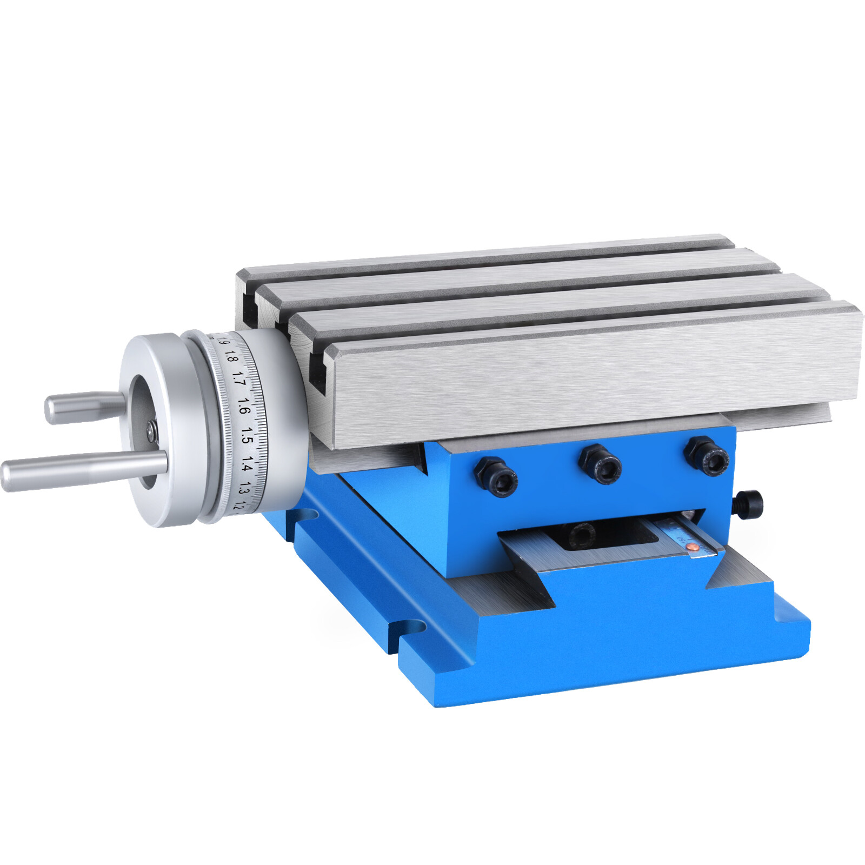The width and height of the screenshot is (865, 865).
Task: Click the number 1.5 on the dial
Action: point(247,435)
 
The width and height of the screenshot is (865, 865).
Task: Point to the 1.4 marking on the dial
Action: point(247,464)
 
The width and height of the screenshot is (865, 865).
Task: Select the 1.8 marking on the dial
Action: point(231,356)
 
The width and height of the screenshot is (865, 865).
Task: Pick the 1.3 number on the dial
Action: point(243,490)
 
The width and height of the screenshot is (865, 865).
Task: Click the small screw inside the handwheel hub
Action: point(151,429)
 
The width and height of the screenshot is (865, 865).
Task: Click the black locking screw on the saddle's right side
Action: point(749,504)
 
